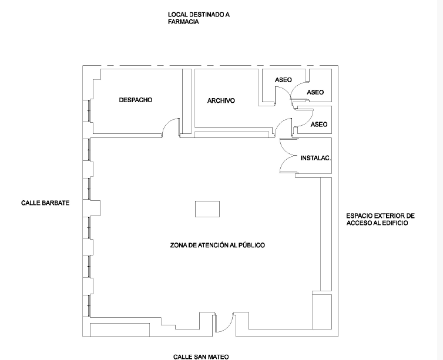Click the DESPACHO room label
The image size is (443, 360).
(x=136, y=100)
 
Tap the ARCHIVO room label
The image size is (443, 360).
(x=221, y=101)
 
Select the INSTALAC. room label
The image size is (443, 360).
(x=316, y=158)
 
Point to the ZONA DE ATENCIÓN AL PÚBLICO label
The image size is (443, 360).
(x=217, y=245)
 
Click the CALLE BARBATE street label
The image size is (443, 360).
(x=45, y=203)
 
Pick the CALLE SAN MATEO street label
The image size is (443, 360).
(x=201, y=357)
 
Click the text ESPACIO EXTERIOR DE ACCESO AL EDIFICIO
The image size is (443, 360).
(x=380, y=220)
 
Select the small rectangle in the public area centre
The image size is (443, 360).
(x=207, y=209)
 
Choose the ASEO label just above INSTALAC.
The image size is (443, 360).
(x=319, y=125)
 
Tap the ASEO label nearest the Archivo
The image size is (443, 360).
(x=283, y=80)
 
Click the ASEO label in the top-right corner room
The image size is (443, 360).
(x=316, y=92)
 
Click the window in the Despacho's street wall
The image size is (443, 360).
(x=89, y=110)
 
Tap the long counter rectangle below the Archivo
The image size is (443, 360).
(x=231, y=134)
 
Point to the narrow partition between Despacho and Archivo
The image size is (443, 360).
(x=186, y=101)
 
